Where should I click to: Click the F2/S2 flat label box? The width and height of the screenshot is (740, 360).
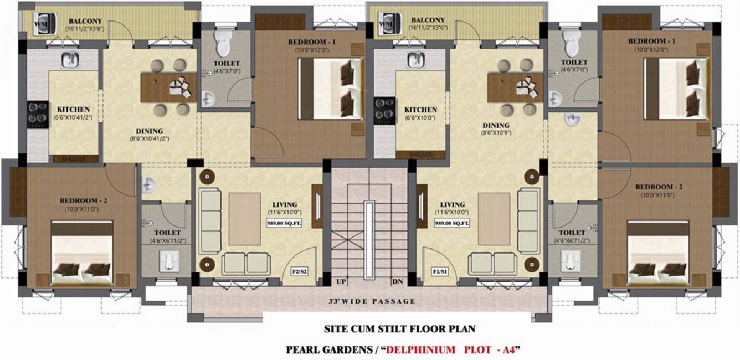(x=302, y=272)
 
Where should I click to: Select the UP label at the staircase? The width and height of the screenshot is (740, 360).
(x=341, y=282)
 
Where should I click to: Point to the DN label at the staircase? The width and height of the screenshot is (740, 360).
(x=397, y=282)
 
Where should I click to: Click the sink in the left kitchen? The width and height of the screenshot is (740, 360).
(x=70, y=60)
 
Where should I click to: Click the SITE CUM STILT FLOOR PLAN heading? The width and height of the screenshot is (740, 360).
(x=399, y=329)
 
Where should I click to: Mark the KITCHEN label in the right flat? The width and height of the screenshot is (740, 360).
(x=420, y=110)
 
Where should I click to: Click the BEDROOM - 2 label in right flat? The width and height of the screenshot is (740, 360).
(x=659, y=187)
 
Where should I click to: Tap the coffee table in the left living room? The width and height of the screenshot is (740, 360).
(x=244, y=219)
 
